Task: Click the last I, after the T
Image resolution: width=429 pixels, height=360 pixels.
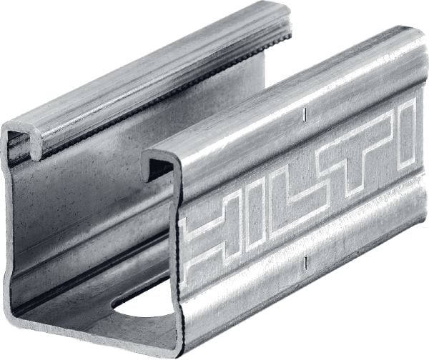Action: [x=406, y=132]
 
